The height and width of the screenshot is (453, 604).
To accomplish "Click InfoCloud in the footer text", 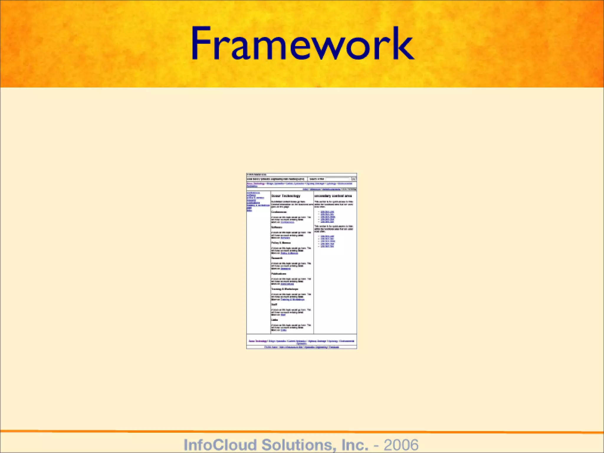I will tap(220, 445).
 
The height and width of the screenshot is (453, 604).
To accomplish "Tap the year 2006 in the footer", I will tap(401, 445).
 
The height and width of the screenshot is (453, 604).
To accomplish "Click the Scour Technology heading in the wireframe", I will tap(285, 196).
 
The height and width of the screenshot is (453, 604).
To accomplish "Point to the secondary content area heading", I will tap(333, 196).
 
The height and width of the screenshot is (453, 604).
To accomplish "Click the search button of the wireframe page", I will tap(353, 179).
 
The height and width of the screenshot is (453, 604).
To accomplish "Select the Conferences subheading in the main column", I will tap(279, 212).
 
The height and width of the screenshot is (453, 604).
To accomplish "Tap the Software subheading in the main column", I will tap(277, 227).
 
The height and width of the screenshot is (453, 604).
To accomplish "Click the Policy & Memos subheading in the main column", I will tap(281, 243).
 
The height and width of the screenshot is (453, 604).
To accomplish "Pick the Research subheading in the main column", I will tap(277, 258).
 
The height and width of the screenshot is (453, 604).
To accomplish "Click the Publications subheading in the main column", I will tap(279, 274).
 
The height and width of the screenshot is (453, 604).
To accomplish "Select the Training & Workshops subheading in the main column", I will tap(285, 289).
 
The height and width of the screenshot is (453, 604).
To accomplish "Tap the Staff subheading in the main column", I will tap(274, 304).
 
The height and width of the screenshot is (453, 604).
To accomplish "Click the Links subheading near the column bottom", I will tap(275, 320).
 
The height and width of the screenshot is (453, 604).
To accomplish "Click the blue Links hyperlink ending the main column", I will tap(283, 330).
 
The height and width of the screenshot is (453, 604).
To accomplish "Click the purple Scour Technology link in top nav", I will tap(256, 183).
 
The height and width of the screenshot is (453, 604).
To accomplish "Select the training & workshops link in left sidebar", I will tap(258, 205).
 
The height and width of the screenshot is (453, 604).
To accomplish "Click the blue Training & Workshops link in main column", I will tap(292, 299).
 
